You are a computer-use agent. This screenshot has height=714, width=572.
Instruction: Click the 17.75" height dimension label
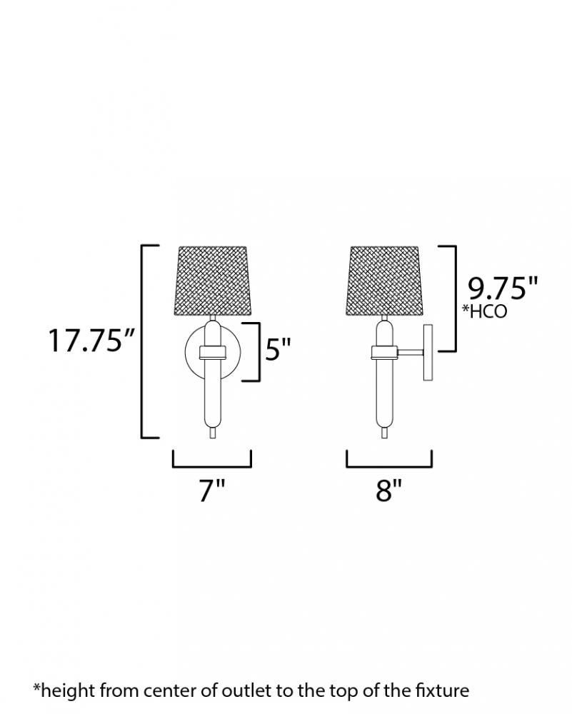click(x=91, y=340)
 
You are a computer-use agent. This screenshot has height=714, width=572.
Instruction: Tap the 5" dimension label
click(x=278, y=349)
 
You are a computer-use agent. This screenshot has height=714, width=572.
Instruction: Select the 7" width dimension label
click(x=212, y=491)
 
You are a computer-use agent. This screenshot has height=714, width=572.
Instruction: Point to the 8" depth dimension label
click(x=389, y=491)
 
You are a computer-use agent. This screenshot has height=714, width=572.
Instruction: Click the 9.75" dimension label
click(x=503, y=288)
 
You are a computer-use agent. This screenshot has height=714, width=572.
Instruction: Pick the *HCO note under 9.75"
click(x=485, y=311)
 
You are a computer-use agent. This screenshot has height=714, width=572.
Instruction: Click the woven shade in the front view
click(x=213, y=281)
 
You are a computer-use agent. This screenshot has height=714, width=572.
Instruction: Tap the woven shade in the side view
click(x=385, y=281)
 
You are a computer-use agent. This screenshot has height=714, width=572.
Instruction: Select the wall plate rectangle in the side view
click(x=429, y=353)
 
